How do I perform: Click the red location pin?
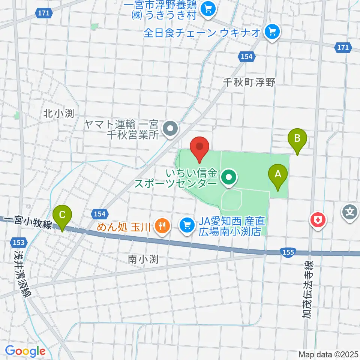point(199,147)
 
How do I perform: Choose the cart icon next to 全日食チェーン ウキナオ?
point(272,32)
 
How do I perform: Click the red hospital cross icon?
point(317,219)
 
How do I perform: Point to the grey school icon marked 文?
point(349,213)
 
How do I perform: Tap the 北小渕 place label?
point(58,113)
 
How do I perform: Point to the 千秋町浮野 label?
point(249,82)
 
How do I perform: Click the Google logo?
point(25,351)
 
